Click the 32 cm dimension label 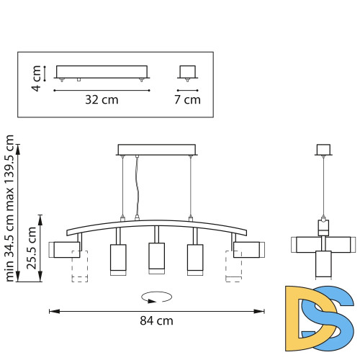[x=101, y=100]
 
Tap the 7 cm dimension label [x=188, y=100]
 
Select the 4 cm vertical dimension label [x=36, y=73]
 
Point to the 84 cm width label [x=156, y=321]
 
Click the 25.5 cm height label [x=32, y=248]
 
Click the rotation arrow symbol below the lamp [x=156, y=295]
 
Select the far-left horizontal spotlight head [x=66, y=249]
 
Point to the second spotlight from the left [x=117, y=259]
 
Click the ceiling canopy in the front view [x=157, y=150]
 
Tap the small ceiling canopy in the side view [x=323, y=150]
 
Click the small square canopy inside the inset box [x=188, y=73]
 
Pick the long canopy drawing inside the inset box [x=101, y=73]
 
